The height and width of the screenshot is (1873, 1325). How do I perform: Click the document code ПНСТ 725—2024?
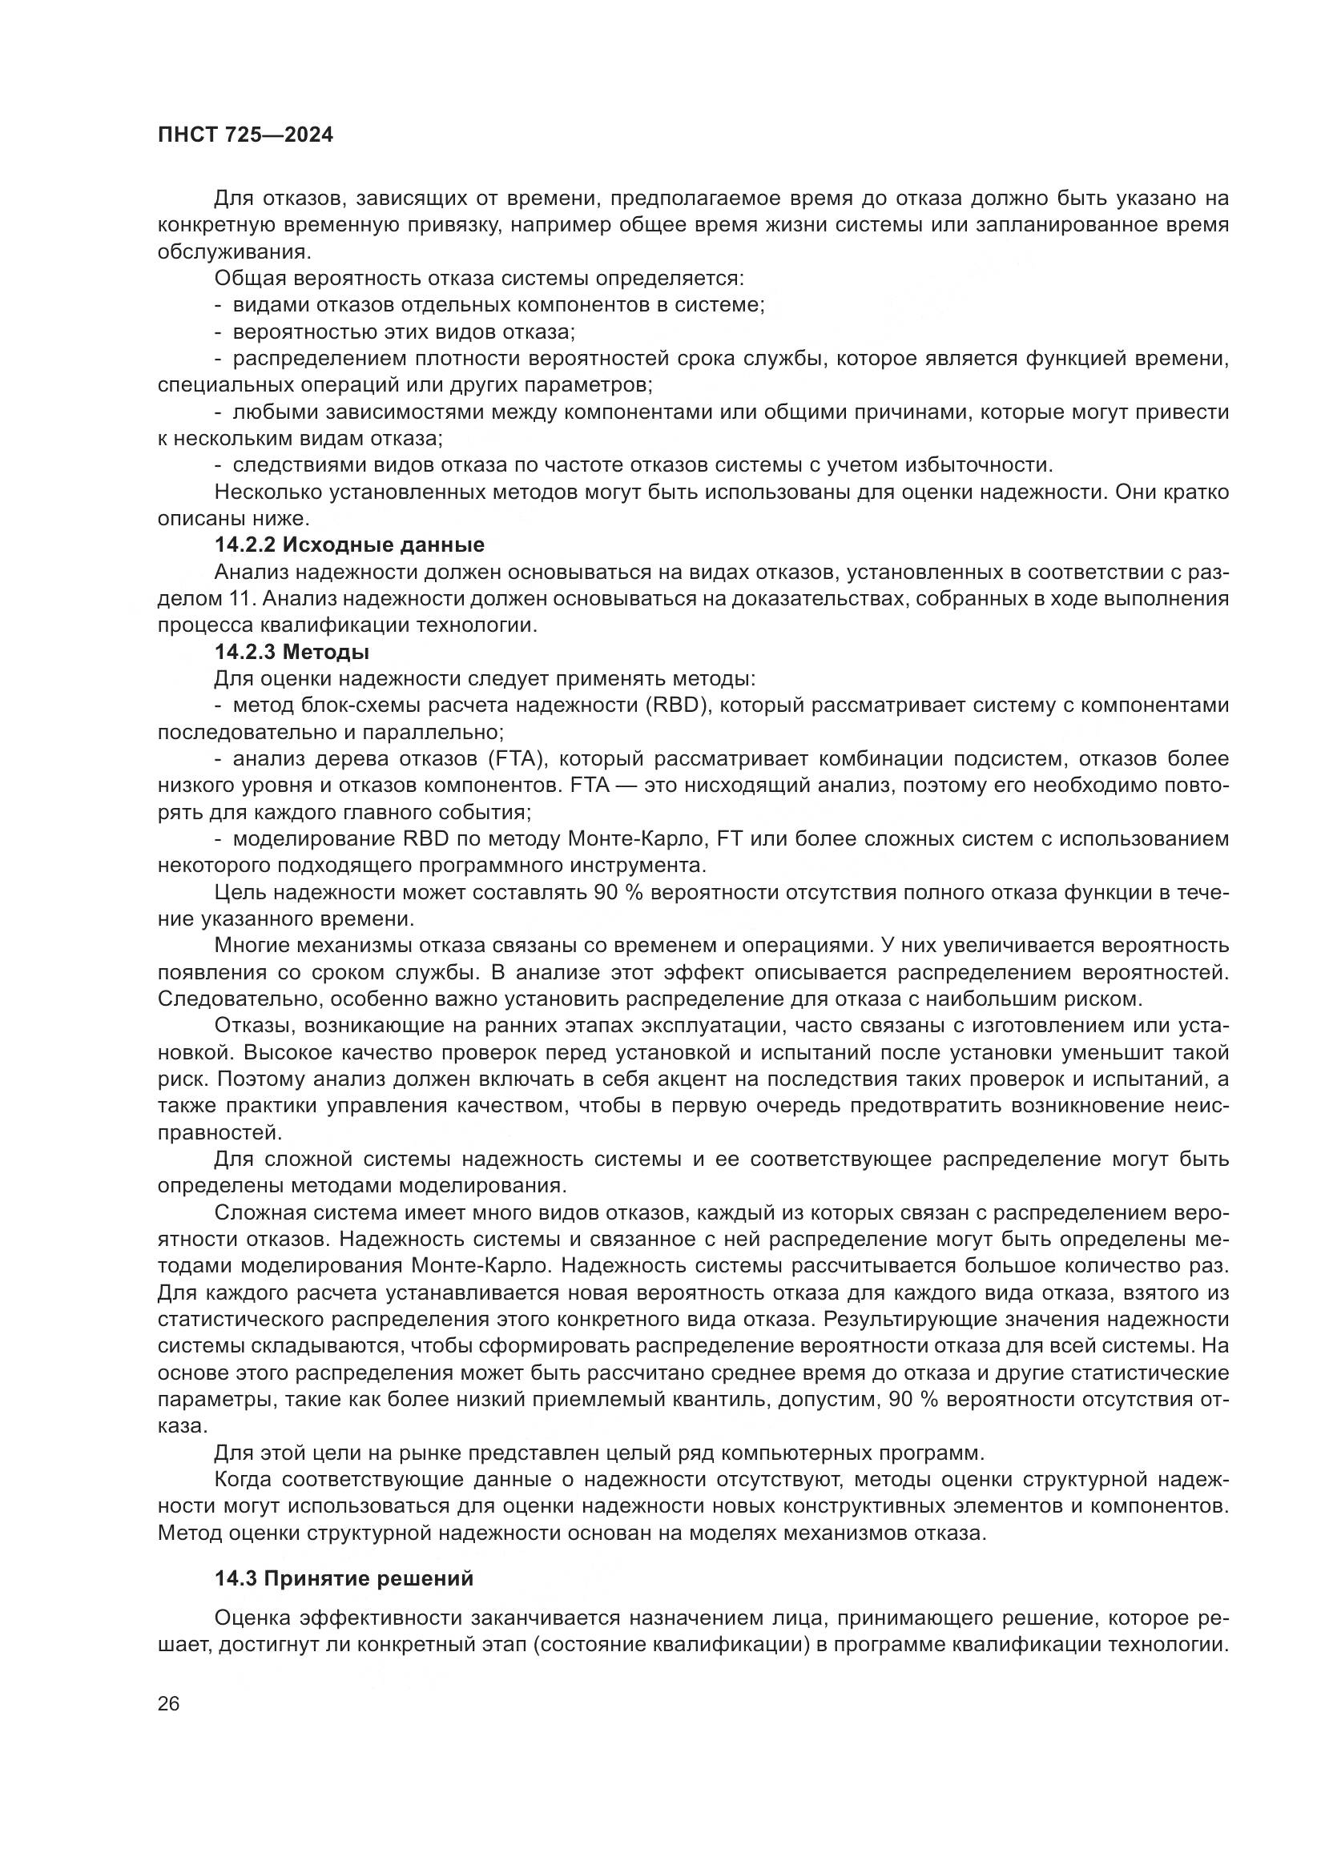(246, 135)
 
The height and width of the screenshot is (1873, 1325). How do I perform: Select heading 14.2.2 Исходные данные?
(349, 545)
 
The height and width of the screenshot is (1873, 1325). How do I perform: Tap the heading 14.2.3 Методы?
(292, 652)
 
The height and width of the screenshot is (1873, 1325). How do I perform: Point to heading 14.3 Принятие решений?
(344, 1578)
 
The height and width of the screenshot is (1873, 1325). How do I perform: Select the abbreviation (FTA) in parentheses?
(517, 758)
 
